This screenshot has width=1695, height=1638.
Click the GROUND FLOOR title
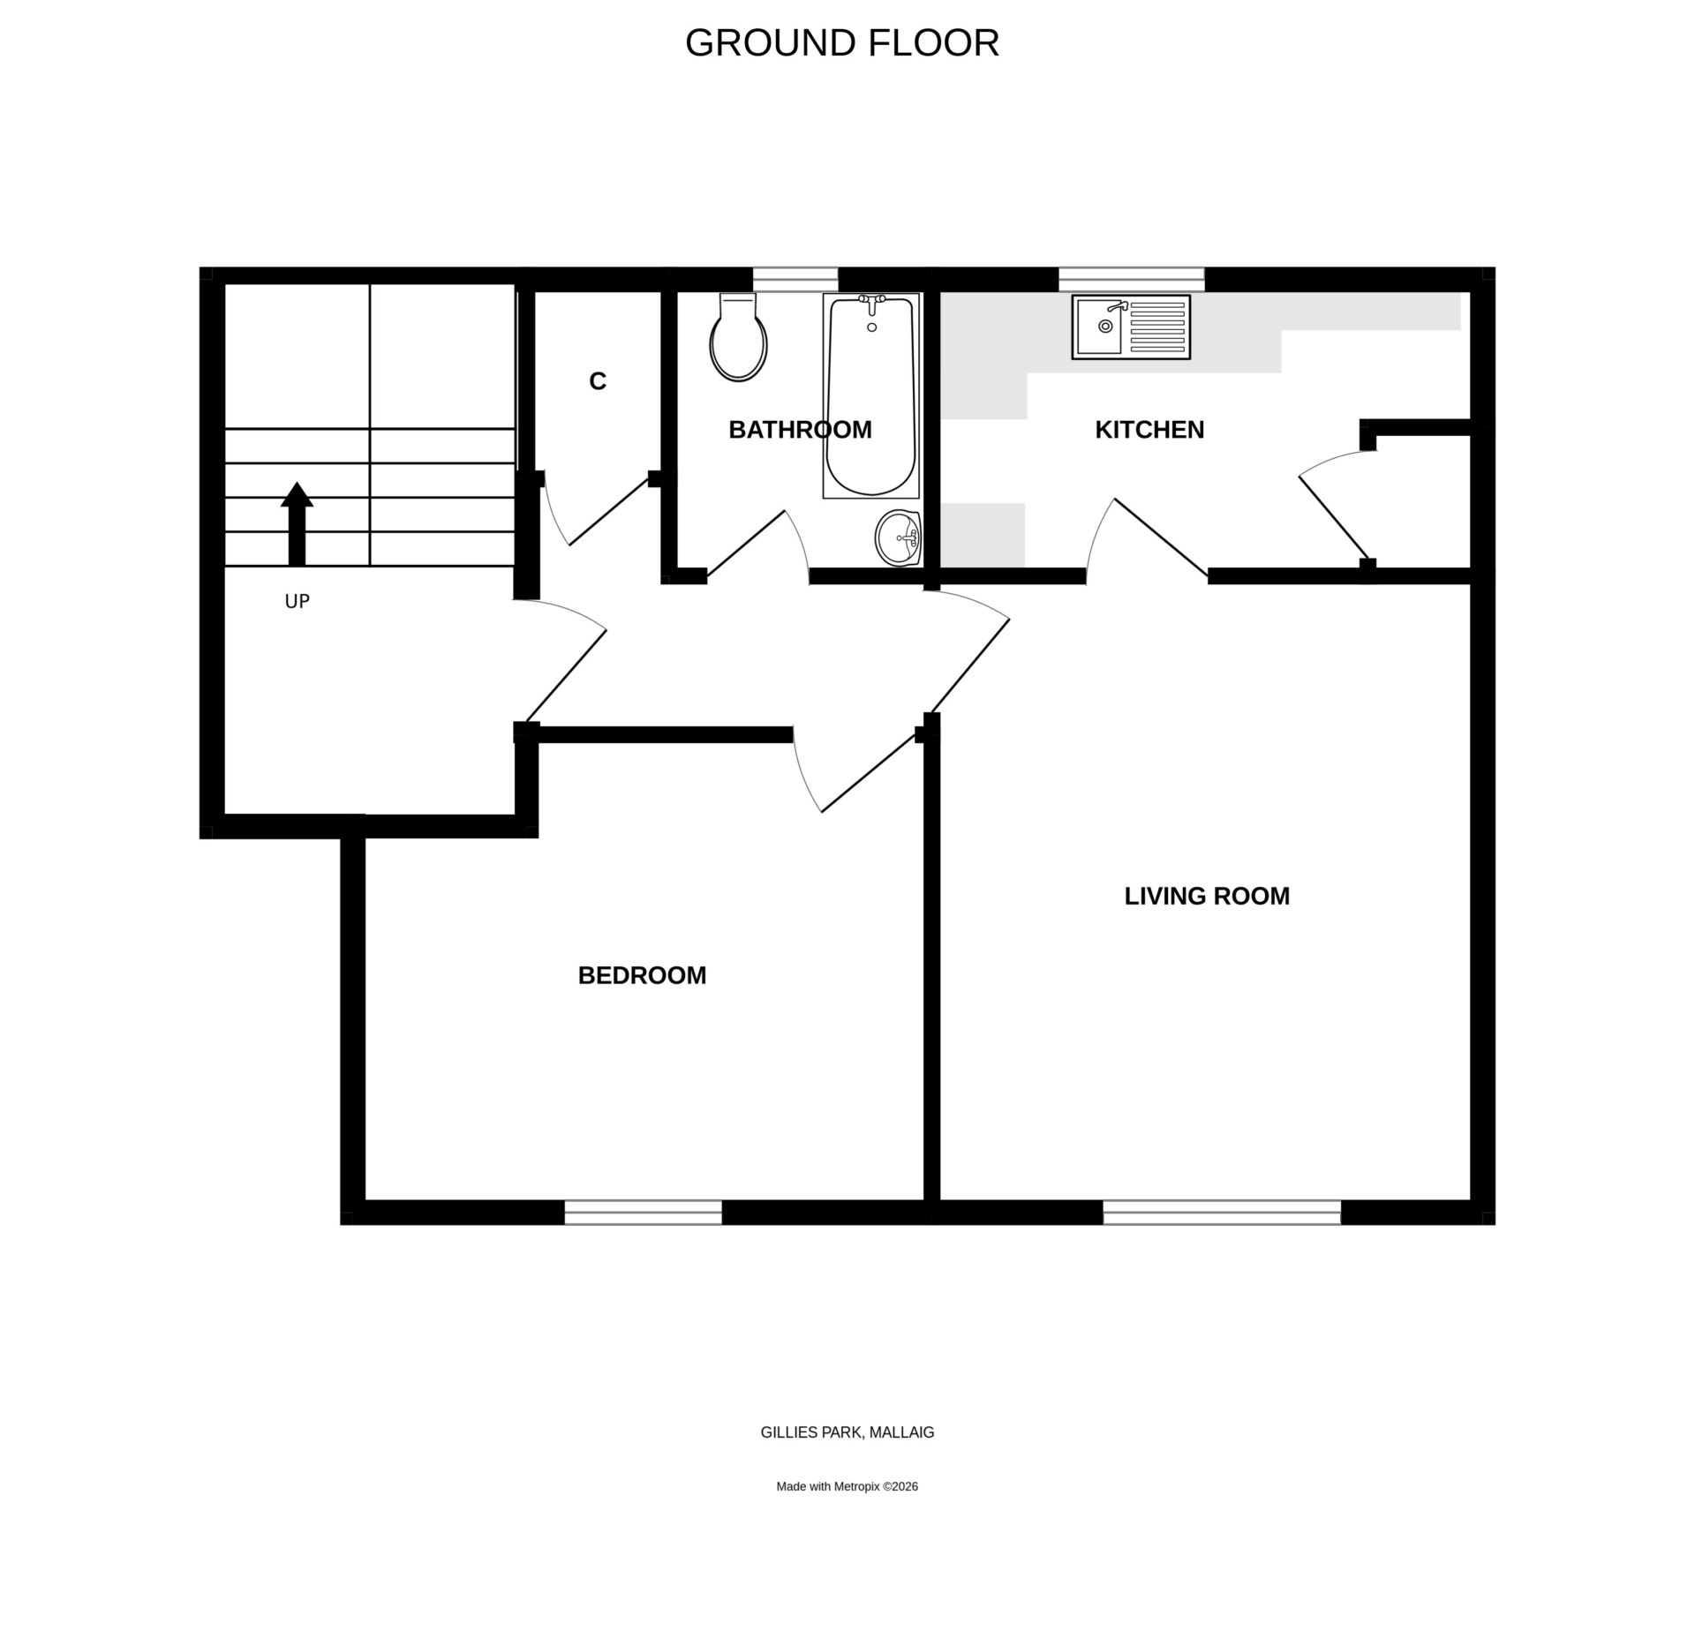tap(841, 43)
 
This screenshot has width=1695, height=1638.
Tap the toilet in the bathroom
tap(738, 337)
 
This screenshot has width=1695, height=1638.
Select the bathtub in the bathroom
tap(871, 395)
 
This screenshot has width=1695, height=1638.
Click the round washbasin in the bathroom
tap(898, 537)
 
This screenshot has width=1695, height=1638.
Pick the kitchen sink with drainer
tap(1131, 327)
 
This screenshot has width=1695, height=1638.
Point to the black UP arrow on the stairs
tap(297, 523)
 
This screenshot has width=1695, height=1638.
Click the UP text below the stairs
tap(297, 601)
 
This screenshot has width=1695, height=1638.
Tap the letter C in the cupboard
tap(598, 381)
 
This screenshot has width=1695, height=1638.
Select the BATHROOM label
tap(800, 430)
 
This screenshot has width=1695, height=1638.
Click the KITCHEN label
tap(1149, 430)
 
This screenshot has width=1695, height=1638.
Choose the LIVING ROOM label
tap(1207, 896)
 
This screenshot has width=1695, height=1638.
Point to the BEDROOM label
tap(642, 975)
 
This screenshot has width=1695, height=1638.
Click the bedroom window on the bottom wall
tap(643, 1212)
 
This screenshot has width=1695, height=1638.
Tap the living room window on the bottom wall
tap(1222, 1212)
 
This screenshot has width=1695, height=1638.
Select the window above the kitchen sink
tap(1131, 279)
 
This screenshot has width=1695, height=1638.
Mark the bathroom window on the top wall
tap(795, 279)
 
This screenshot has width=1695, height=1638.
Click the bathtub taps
tap(872, 304)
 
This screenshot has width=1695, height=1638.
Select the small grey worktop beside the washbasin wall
tap(982, 535)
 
